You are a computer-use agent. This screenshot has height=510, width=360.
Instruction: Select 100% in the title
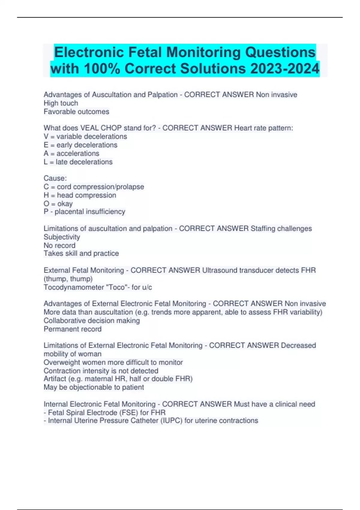tap(102, 69)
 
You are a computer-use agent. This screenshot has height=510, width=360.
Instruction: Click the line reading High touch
tap(61, 103)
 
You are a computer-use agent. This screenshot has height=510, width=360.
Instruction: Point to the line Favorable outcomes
tap(76, 112)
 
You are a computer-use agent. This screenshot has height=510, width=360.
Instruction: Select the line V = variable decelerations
tap(85, 136)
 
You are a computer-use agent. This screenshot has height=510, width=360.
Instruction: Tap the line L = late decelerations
tap(78, 162)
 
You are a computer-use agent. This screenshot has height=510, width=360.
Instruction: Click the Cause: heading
tap(55, 178)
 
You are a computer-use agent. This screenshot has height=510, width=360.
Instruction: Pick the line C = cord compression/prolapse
tap(94, 187)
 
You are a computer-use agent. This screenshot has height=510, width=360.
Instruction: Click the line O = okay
tap(58, 204)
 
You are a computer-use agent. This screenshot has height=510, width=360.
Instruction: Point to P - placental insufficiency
tap(85, 212)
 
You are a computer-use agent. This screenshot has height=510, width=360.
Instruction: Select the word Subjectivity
tap(62, 237)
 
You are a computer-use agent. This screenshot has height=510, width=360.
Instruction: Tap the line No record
tap(59, 245)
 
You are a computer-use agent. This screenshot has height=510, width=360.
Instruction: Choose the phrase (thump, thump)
tap(68, 279)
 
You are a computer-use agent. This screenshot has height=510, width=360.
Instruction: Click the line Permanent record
tap(73, 329)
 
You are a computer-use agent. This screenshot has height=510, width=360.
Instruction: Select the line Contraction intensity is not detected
tap(101, 371)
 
